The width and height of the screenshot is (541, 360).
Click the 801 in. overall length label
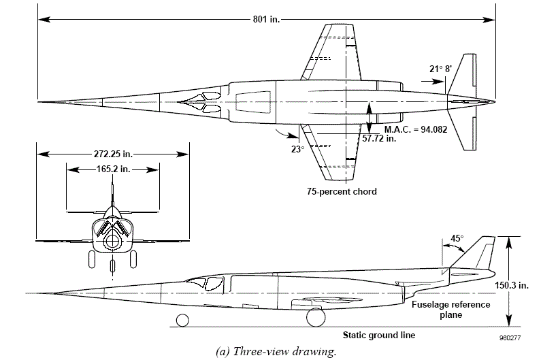click(266, 19)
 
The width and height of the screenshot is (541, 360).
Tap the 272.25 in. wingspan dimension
click(113, 154)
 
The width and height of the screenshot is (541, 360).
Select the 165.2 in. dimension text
click(113, 169)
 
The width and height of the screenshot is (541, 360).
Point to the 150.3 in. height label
click(512, 285)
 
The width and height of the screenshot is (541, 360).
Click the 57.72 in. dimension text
click(379, 139)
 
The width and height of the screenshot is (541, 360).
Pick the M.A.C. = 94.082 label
click(416, 130)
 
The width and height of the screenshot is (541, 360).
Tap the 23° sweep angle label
click(298, 150)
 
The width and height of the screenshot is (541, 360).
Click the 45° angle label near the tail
click(457, 238)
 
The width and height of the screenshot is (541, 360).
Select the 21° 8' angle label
click(440, 69)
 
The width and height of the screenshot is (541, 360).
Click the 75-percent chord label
click(342, 191)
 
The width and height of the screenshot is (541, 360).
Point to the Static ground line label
click(379, 335)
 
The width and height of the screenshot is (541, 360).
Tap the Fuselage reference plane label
click(451, 310)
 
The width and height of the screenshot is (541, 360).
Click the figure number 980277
click(510, 338)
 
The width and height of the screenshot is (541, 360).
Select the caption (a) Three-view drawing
click(276, 351)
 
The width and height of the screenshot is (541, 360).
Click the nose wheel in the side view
click(182, 321)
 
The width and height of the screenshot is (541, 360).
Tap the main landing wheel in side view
click(316, 318)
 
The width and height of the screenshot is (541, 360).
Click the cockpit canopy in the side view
click(205, 283)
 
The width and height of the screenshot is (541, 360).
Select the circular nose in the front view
click(112, 241)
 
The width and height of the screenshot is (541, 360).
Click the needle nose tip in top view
click(39, 102)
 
